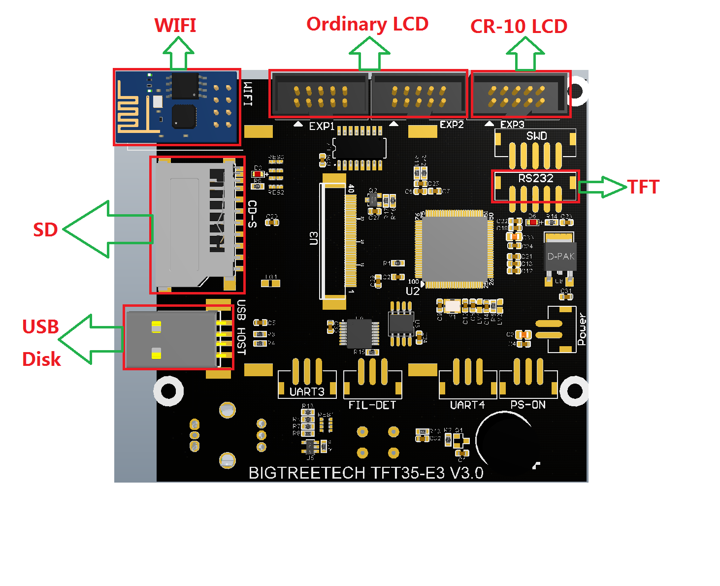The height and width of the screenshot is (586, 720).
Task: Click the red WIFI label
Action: [x=175, y=25]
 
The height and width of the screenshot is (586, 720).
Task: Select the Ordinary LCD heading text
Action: [x=367, y=24]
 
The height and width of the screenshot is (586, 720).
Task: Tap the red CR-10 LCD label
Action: [x=519, y=27]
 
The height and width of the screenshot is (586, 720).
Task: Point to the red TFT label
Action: [x=643, y=188]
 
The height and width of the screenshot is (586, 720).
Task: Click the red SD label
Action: [x=45, y=230]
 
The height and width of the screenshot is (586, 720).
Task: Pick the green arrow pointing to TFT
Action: [x=602, y=187]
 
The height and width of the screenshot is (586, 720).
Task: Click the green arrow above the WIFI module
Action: [x=178, y=54]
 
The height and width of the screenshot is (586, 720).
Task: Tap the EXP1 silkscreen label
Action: [x=322, y=127]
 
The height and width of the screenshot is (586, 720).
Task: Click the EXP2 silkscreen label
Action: [x=452, y=125]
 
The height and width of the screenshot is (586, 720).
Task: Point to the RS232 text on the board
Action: [x=536, y=178]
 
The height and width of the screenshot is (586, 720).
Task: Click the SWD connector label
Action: [x=536, y=136]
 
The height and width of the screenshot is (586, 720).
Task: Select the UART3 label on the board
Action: [x=307, y=391]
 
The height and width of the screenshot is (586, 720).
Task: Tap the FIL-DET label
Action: [x=372, y=405]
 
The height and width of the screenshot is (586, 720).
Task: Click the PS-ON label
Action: [x=528, y=405]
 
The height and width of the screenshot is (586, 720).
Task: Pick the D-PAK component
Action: [x=560, y=256]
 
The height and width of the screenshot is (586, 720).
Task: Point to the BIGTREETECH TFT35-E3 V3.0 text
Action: [x=366, y=473]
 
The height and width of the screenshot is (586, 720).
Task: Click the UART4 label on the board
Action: [x=467, y=405]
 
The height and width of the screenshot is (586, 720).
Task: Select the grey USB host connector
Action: [x=171, y=340]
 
